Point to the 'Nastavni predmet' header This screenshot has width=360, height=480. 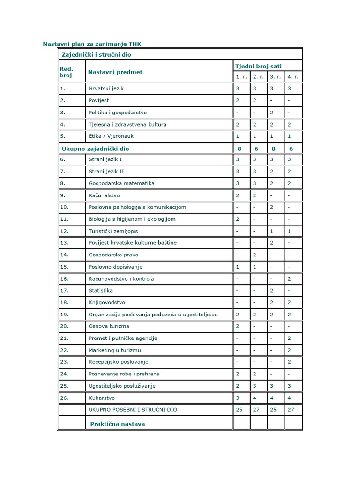(x=115, y=72)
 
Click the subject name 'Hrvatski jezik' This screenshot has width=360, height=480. (x=106, y=89)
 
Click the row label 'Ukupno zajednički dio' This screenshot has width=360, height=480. (x=95, y=149)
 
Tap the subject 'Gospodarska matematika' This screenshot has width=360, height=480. (x=121, y=183)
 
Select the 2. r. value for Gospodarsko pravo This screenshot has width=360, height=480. (x=255, y=255)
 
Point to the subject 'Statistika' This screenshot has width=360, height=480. (x=101, y=291)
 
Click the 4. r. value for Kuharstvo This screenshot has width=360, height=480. (x=289, y=397)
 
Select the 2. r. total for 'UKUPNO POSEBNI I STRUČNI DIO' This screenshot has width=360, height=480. (x=256, y=410)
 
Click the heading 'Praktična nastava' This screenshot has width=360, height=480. (x=118, y=424)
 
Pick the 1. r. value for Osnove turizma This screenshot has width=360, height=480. (x=238, y=326)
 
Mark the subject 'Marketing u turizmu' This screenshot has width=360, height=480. (x=114, y=350)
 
